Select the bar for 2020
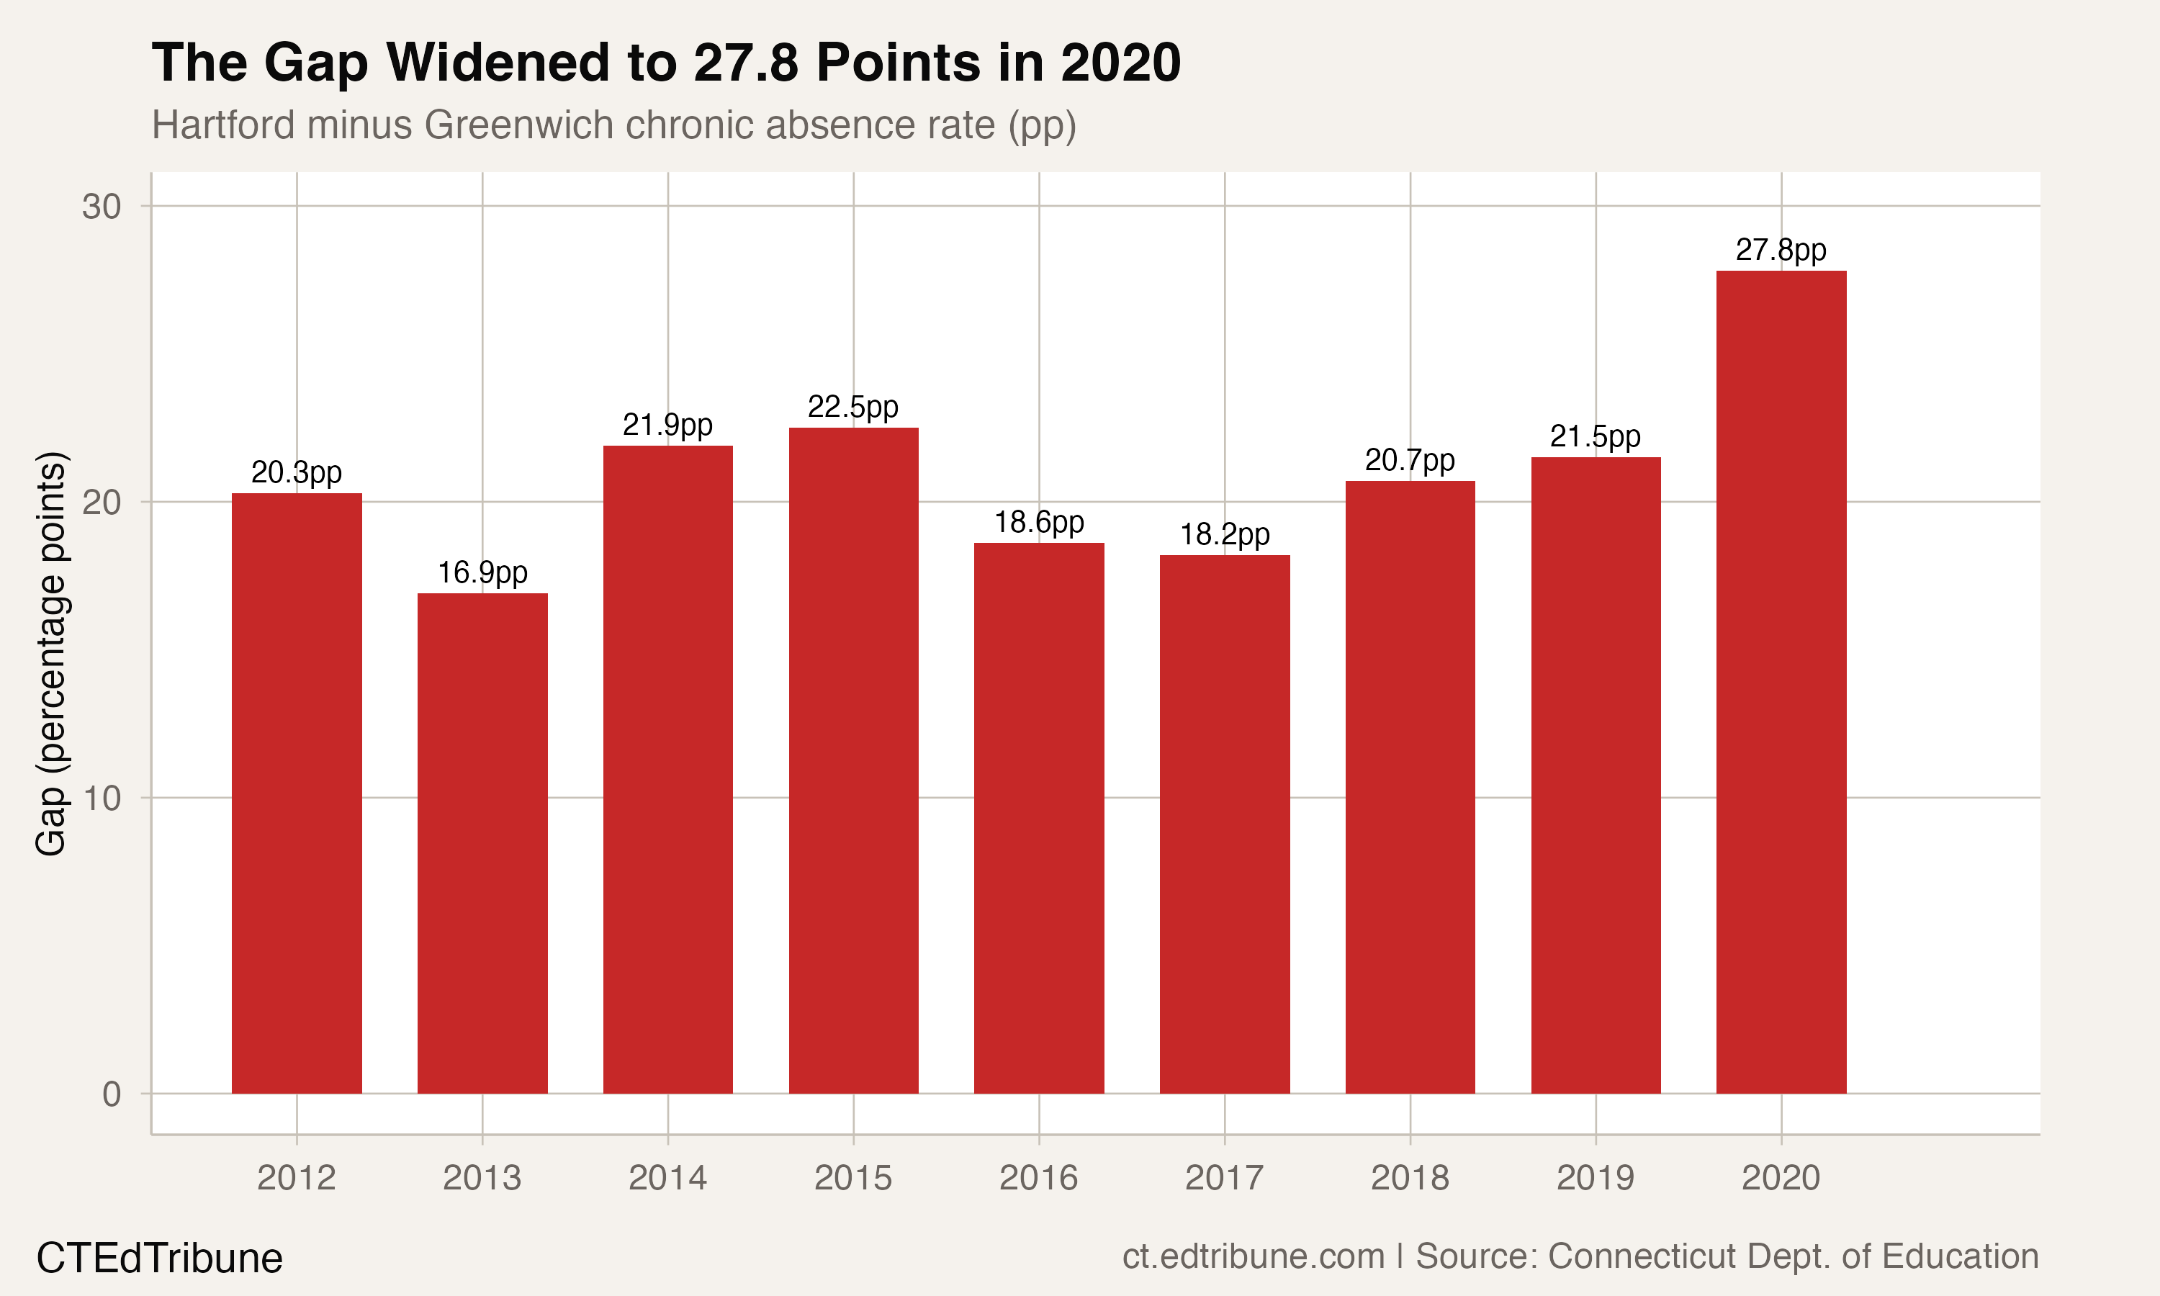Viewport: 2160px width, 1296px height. point(1781,681)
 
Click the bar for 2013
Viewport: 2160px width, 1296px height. point(482,842)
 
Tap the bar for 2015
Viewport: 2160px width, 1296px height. point(853,760)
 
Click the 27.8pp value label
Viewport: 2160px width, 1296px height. point(1781,251)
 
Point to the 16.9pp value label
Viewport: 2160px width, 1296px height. point(482,573)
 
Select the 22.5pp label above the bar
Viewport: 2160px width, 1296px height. point(853,407)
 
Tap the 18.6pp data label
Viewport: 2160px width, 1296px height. point(1039,522)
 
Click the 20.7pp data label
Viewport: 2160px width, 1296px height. point(1409,460)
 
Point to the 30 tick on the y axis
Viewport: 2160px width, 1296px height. point(102,207)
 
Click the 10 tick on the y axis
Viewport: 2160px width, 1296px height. point(102,798)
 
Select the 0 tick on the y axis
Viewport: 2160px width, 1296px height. point(112,1094)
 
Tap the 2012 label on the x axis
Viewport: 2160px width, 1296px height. point(296,1178)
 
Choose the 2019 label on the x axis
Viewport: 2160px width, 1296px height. point(1595,1178)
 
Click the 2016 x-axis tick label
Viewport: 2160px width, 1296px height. point(1038,1178)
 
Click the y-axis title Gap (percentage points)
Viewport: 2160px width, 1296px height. point(50,652)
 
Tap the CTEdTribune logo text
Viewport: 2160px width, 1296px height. point(159,1259)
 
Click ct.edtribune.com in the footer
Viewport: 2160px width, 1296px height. point(1253,1256)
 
